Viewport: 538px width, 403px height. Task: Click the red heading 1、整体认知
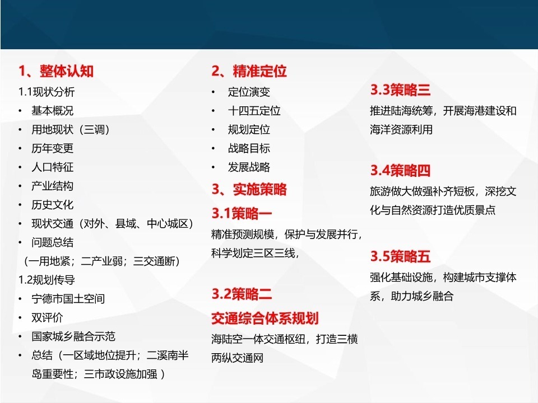[56, 71]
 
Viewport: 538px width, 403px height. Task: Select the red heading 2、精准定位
[249, 71]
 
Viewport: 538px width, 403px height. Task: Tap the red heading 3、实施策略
[249, 189]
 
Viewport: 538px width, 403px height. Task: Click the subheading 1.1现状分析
[47, 92]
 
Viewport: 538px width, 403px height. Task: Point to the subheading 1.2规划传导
[47, 280]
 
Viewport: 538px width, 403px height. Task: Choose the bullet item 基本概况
[52, 111]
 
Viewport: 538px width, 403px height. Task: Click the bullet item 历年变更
[52, 148]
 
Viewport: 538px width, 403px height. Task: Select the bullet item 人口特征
[52, 167]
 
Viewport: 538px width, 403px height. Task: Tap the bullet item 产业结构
[52, 186]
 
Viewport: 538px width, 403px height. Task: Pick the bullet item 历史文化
[52, 205]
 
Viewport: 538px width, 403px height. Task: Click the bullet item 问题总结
[52, 242]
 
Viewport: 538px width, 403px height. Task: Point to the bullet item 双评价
[47, 317]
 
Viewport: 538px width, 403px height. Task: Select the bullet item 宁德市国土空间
[68, 298]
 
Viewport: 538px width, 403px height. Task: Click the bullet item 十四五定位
[254, 111]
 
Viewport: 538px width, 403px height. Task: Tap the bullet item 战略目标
[249, 148]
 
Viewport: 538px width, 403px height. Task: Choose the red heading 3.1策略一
[242, 213]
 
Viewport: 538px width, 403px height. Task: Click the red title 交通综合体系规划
[265, 318]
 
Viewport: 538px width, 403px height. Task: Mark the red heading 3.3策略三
[400, 90]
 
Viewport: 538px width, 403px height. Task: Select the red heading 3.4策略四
[400, 170]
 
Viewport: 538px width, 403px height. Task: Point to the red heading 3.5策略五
[400, 256]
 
